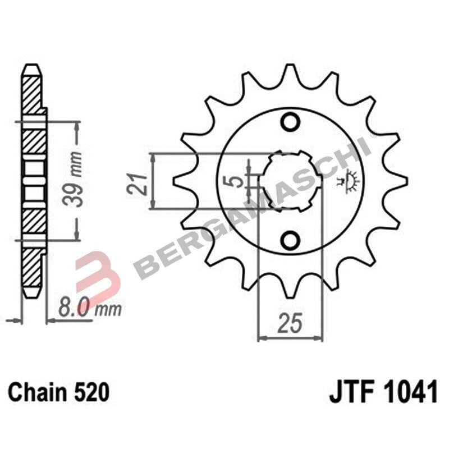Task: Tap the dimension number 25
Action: [x=290, y=324]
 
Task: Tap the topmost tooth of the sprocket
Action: [x=290, y=70]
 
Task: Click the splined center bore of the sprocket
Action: [x=290, y=181]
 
